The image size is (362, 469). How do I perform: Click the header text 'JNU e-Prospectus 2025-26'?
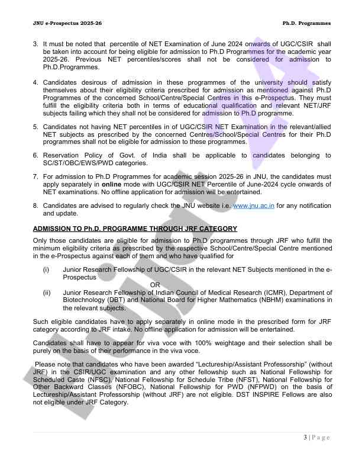click(x=59, y=23)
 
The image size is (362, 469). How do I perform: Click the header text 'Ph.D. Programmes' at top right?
click(x=306, y=23)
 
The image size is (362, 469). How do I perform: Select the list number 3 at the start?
click(x=35, y=44)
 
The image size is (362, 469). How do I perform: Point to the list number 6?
click(x=35, y=155)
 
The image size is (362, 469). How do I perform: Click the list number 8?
click(x=35, y=206)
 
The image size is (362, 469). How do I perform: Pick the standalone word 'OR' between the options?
click(x=155, y=285)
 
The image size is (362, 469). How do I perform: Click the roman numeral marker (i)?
click(x=46, y=269)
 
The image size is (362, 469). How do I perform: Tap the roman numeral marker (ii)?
click(x=46, y=293)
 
